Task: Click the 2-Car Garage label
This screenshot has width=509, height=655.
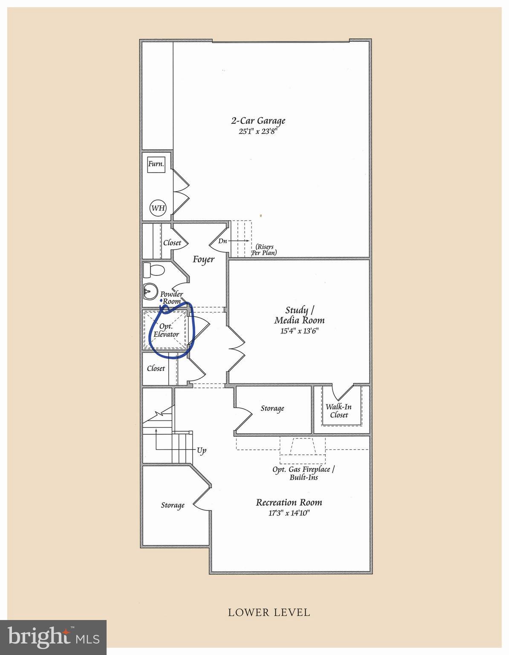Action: [x=258, y=121]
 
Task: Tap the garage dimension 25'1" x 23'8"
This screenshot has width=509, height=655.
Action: [x=257, y=132]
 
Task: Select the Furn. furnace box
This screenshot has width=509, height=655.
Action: [x=156, y=164]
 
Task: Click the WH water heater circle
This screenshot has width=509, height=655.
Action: [x=158, y=208]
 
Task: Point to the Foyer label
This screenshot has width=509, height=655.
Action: [x=204, y=259]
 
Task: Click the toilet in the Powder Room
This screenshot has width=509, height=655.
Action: [x=153, y=270]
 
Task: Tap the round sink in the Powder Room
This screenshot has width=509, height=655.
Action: [x=150, y=291]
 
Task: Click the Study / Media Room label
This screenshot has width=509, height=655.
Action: [x=299, y=315]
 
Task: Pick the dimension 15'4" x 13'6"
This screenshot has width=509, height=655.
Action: [x=299, y=331]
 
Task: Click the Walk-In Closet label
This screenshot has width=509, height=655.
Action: [x=338, y=411]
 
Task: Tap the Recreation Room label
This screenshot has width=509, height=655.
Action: [x=289, y=502]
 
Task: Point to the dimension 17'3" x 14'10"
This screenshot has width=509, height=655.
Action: [x=289, y=513]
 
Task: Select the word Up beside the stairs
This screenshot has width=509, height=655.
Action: [x=202, y=450]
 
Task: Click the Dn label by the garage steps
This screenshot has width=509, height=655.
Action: [x=223, y=241]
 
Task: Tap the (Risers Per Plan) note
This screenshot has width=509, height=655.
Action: [x=264, y=250]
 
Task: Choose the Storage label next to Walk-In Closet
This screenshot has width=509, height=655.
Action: [x=272, y=409]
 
